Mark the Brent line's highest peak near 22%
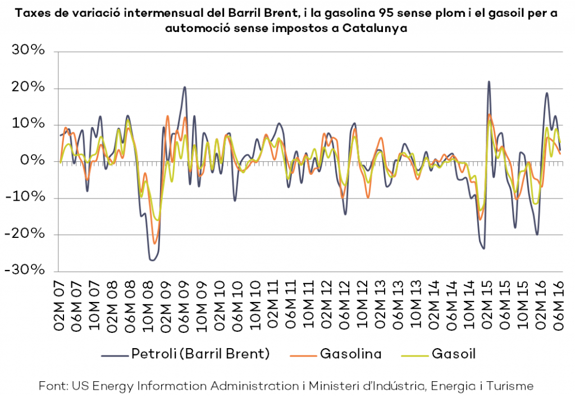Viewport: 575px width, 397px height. (x=489, y=82)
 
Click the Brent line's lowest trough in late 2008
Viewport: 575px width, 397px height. (x=152, y=260)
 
